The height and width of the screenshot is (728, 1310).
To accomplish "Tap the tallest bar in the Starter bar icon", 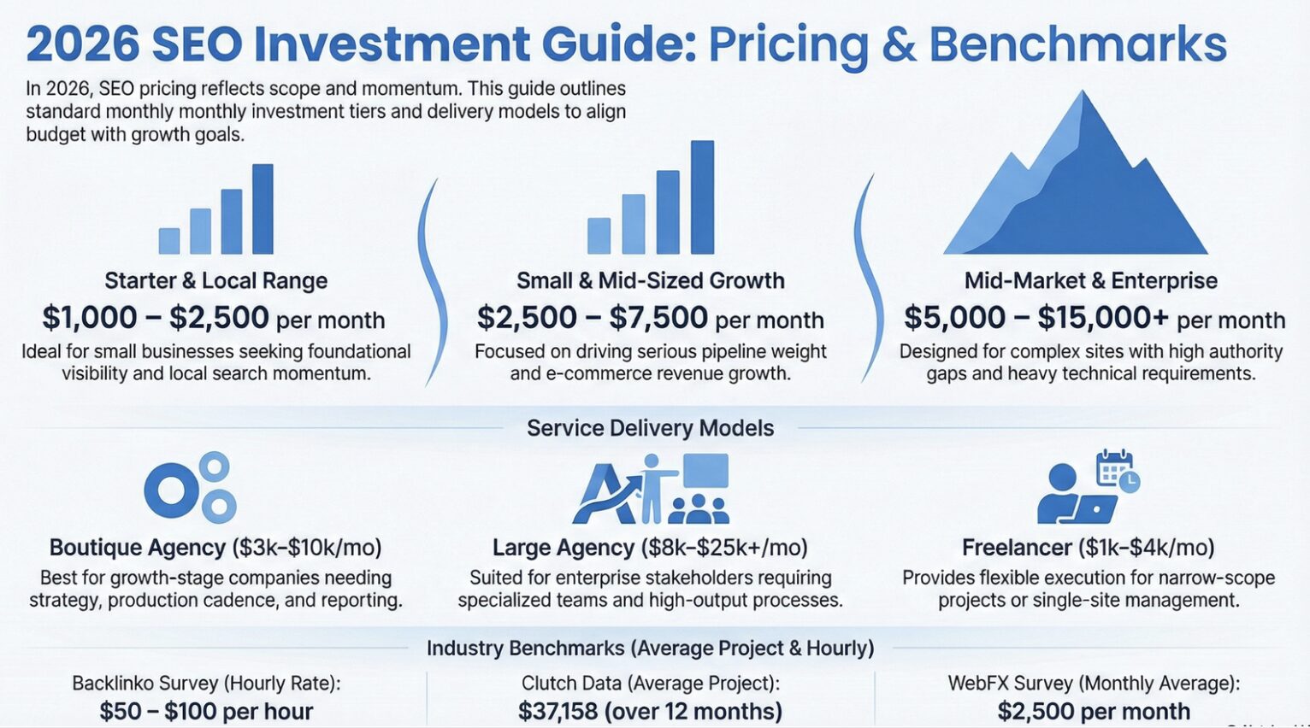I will [x=263, y=208].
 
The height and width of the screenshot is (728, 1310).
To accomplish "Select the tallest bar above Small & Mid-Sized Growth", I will [x=702, y=197].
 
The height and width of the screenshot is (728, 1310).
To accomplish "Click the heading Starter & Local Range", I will [x=215, y=280].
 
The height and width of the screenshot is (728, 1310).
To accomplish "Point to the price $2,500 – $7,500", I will [x=592, y=318].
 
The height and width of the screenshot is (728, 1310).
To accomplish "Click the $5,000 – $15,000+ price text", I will [x=1036, y=318].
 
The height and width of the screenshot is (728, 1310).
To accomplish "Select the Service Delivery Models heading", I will [x=650, y=428].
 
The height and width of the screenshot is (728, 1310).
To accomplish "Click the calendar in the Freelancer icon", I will [x=1114, y=469].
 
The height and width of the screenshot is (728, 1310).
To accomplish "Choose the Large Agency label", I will [x=563, y=548].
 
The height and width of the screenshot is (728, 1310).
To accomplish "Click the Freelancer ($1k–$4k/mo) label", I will [x=1088, y=548].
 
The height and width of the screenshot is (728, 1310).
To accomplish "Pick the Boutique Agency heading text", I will [x=138, y=548].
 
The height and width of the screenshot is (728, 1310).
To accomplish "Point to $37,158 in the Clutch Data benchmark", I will [x=558, y=711].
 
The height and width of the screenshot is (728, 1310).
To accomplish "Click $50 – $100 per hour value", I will [x=206, y=711].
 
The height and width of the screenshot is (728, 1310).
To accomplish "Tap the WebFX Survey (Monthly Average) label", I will [x=1094, y=683].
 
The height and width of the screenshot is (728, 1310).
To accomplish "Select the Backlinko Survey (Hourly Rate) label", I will [x=206, y=683].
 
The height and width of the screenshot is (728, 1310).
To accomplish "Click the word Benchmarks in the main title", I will [x=1077, y=44].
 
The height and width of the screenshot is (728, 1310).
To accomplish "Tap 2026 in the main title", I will [x=82, y=44].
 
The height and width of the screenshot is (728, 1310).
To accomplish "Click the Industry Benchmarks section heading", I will [x=650, y=649].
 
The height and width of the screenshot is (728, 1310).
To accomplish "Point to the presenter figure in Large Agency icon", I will [x=652, y=487].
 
